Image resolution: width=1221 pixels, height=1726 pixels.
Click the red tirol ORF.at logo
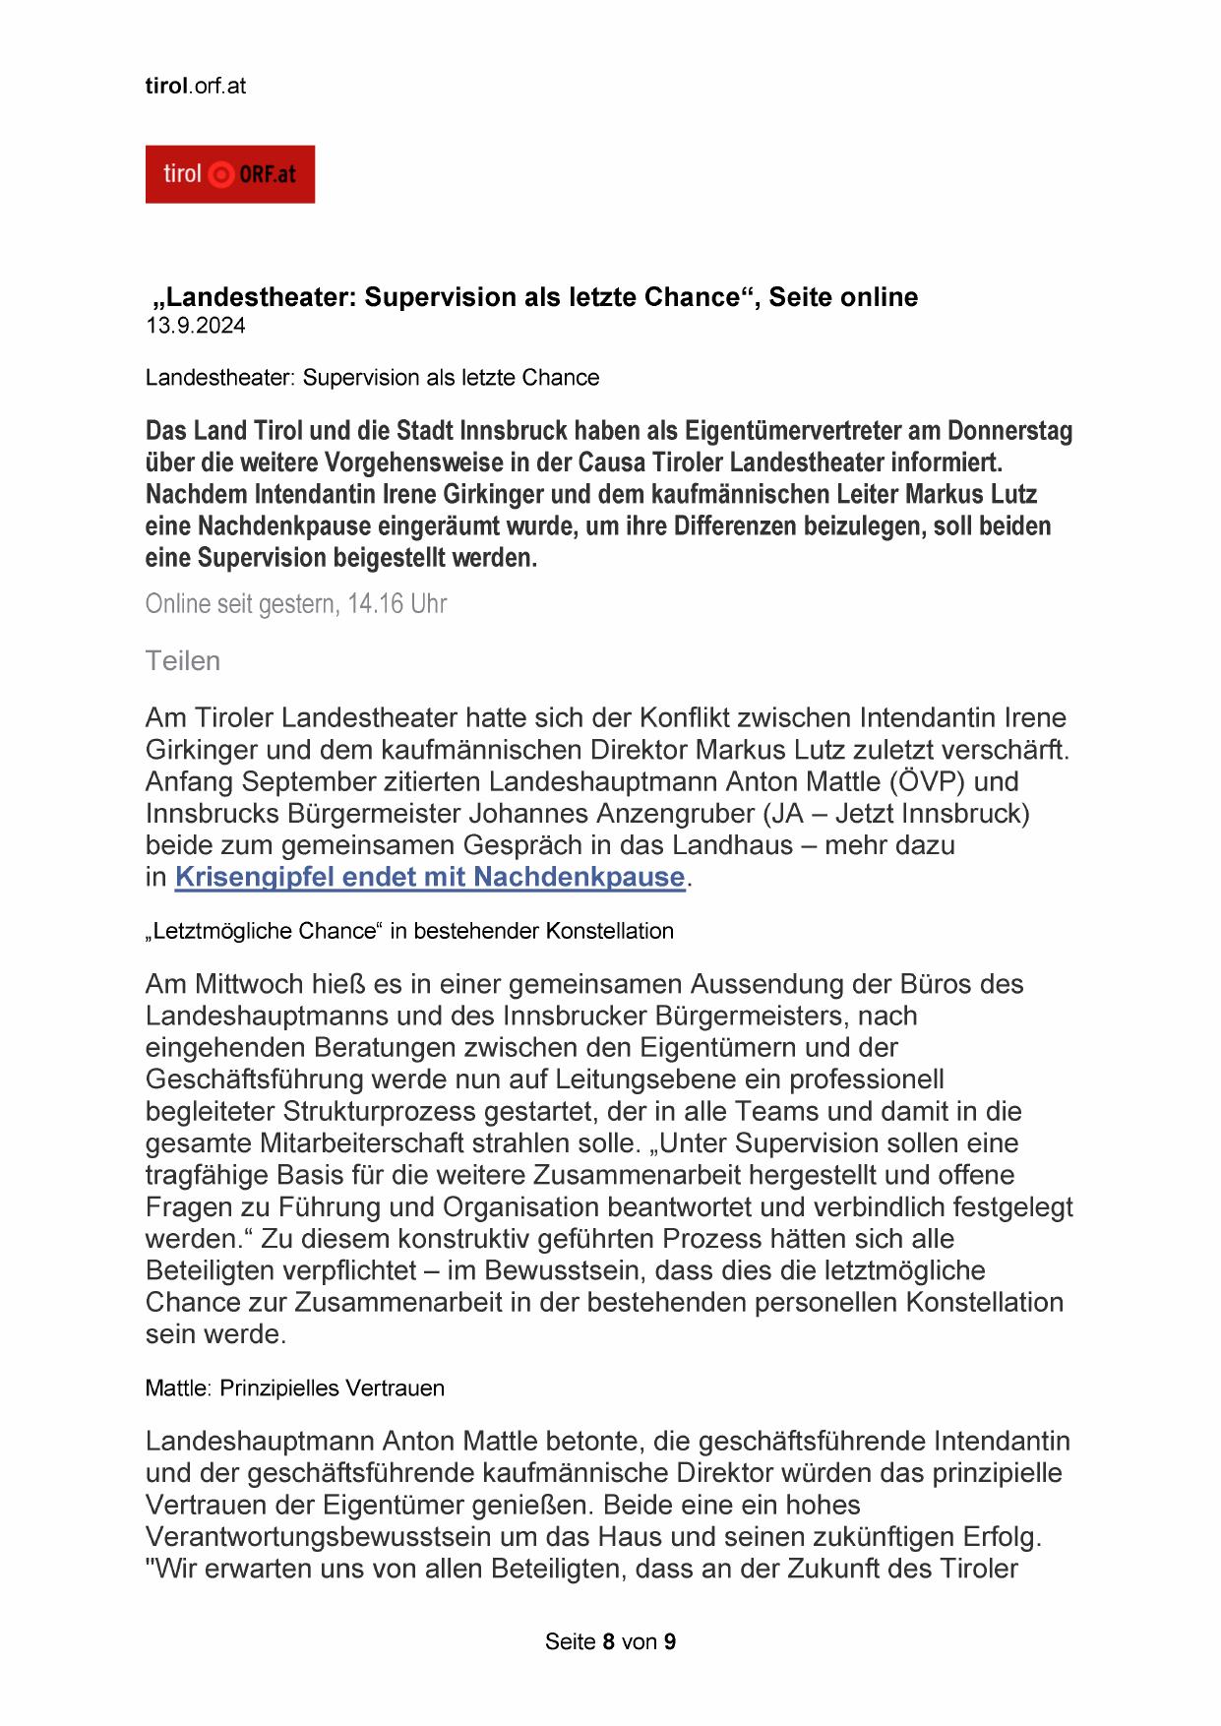229,174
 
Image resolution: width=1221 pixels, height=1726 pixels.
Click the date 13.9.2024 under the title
195,327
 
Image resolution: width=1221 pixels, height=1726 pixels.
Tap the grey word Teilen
182,660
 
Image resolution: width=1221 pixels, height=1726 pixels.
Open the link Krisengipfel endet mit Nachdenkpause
429,877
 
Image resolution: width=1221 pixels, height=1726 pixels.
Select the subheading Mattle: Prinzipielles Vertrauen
294,1387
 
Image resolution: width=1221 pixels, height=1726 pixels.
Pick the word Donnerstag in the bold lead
1009,431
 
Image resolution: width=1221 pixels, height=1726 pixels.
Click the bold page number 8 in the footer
609,1641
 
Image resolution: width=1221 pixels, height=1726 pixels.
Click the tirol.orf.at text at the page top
195,86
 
